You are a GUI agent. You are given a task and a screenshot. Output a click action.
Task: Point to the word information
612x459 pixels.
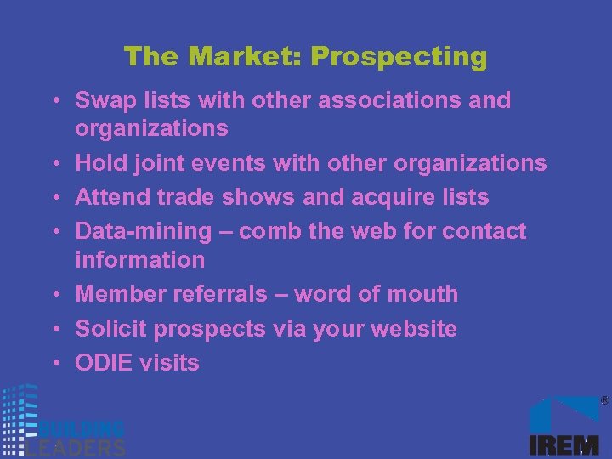139,259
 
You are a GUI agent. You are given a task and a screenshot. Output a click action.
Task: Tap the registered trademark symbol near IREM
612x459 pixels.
604,399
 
